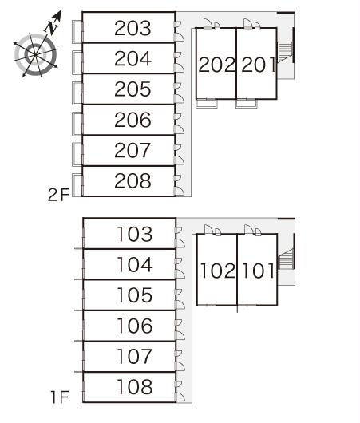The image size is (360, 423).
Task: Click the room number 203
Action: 133,28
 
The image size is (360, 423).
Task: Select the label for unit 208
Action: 133,180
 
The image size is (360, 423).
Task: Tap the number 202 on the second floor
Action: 216,65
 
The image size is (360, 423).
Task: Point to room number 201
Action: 259,65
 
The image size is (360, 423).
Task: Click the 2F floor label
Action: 58,195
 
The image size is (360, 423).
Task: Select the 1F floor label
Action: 60,397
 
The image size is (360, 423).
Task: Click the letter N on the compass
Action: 51,26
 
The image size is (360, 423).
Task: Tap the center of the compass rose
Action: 35,55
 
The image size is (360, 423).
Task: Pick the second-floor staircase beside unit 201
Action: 285,53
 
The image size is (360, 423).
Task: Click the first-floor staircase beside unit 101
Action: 286,259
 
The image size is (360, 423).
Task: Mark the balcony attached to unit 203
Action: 77,32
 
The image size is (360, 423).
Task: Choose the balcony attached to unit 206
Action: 77,124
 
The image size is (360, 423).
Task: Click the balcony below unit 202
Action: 207,104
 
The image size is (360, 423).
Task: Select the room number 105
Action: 135,295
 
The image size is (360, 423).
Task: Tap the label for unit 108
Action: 135,386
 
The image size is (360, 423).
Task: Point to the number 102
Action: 218,271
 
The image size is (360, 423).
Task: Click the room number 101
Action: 259,271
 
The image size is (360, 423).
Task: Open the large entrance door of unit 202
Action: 208,23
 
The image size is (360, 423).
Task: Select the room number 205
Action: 133,89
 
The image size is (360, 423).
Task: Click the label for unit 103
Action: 135,234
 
